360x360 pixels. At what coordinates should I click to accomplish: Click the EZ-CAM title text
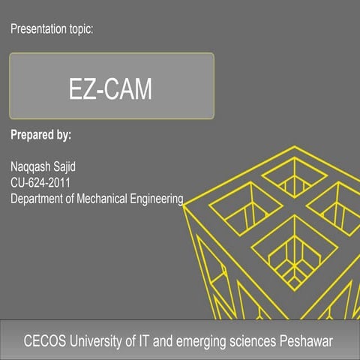(111, 89)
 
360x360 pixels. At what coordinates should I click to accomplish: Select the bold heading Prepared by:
(41, 136)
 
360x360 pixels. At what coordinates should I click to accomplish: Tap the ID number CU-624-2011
(43, 182)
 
